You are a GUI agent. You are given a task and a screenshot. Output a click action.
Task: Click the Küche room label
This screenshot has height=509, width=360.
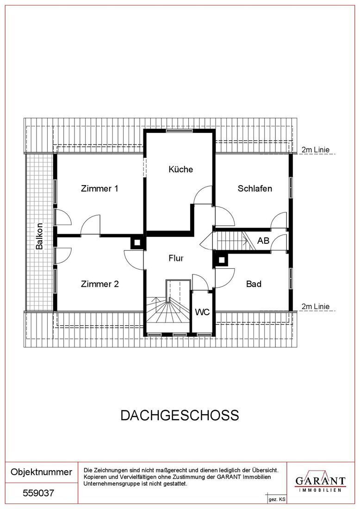pos(181,169)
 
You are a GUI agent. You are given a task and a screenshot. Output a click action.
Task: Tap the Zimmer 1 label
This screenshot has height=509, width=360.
pos(99,188)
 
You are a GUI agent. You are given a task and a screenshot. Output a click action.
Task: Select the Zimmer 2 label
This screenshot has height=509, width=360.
pos(99,284)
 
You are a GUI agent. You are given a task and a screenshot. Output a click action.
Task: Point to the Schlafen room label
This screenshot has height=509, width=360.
pos(255,188)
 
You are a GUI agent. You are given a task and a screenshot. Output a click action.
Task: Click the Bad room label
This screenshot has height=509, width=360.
pos(254,284)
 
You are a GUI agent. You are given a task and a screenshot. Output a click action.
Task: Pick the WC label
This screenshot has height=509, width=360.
pos(202,312)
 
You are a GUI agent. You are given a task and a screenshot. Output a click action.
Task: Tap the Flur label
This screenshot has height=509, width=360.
pos(176,258)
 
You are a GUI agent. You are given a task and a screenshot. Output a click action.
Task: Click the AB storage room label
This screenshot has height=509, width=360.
pos(263,241)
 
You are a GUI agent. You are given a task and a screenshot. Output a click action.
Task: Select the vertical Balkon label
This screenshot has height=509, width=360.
pos(39,236)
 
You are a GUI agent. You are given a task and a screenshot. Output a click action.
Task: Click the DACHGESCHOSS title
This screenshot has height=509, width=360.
pos(180,416)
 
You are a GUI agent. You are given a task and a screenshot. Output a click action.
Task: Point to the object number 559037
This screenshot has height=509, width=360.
pos(38,493)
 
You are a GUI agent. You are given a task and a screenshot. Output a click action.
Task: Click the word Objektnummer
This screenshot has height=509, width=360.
pos(41,472)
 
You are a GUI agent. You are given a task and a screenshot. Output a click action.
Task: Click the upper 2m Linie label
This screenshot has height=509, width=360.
pos(315,149)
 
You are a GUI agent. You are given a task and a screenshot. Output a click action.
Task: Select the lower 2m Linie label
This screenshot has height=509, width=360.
pos(315,306)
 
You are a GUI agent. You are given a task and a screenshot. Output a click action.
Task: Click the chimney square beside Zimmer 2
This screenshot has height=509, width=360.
pos(137,242)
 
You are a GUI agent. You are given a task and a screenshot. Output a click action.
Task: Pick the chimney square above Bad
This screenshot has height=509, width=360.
pos(221,260)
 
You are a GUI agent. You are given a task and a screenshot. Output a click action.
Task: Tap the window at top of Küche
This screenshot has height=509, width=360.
pos(179,130)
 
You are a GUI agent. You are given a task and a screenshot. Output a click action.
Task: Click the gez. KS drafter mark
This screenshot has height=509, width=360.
pos(277,500)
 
